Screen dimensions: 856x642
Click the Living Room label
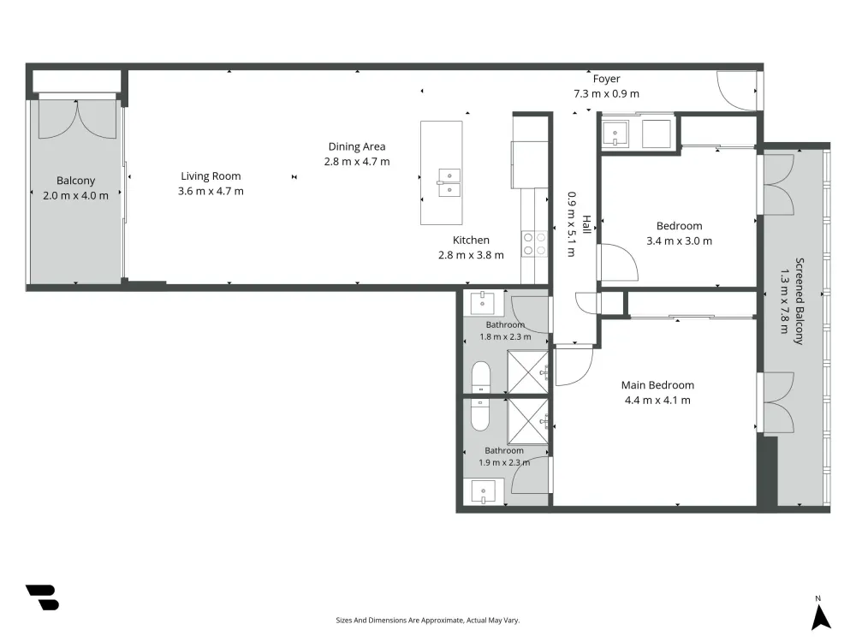coord(211,176)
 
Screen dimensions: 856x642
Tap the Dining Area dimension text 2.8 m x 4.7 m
coord(357,162)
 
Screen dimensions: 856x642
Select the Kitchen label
coord(471,241)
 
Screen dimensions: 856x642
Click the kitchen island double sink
coord(449,182)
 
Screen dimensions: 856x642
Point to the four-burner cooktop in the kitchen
coord(534,243)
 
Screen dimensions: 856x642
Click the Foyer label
coord(607,79)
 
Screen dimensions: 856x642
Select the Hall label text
coord(586,224)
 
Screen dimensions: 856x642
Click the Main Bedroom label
coord(657,385)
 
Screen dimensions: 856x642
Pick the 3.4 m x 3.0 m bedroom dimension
coord(679,241)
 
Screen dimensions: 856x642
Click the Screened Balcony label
coord(800,301)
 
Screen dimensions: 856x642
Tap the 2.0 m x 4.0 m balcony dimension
coord(76,195)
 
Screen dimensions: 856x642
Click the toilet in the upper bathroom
coord(481,377)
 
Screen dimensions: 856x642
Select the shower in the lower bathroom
coord(528,421)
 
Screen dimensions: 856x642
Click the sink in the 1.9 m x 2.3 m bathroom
coord(483,492)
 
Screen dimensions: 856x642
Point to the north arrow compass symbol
coord(820,614)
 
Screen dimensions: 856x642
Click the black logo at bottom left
coord(42,597)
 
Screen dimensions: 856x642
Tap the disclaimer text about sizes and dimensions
coord(428,620)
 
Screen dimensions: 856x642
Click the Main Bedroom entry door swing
coord(574,367)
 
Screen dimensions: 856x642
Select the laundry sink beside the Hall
coord(615,134)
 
